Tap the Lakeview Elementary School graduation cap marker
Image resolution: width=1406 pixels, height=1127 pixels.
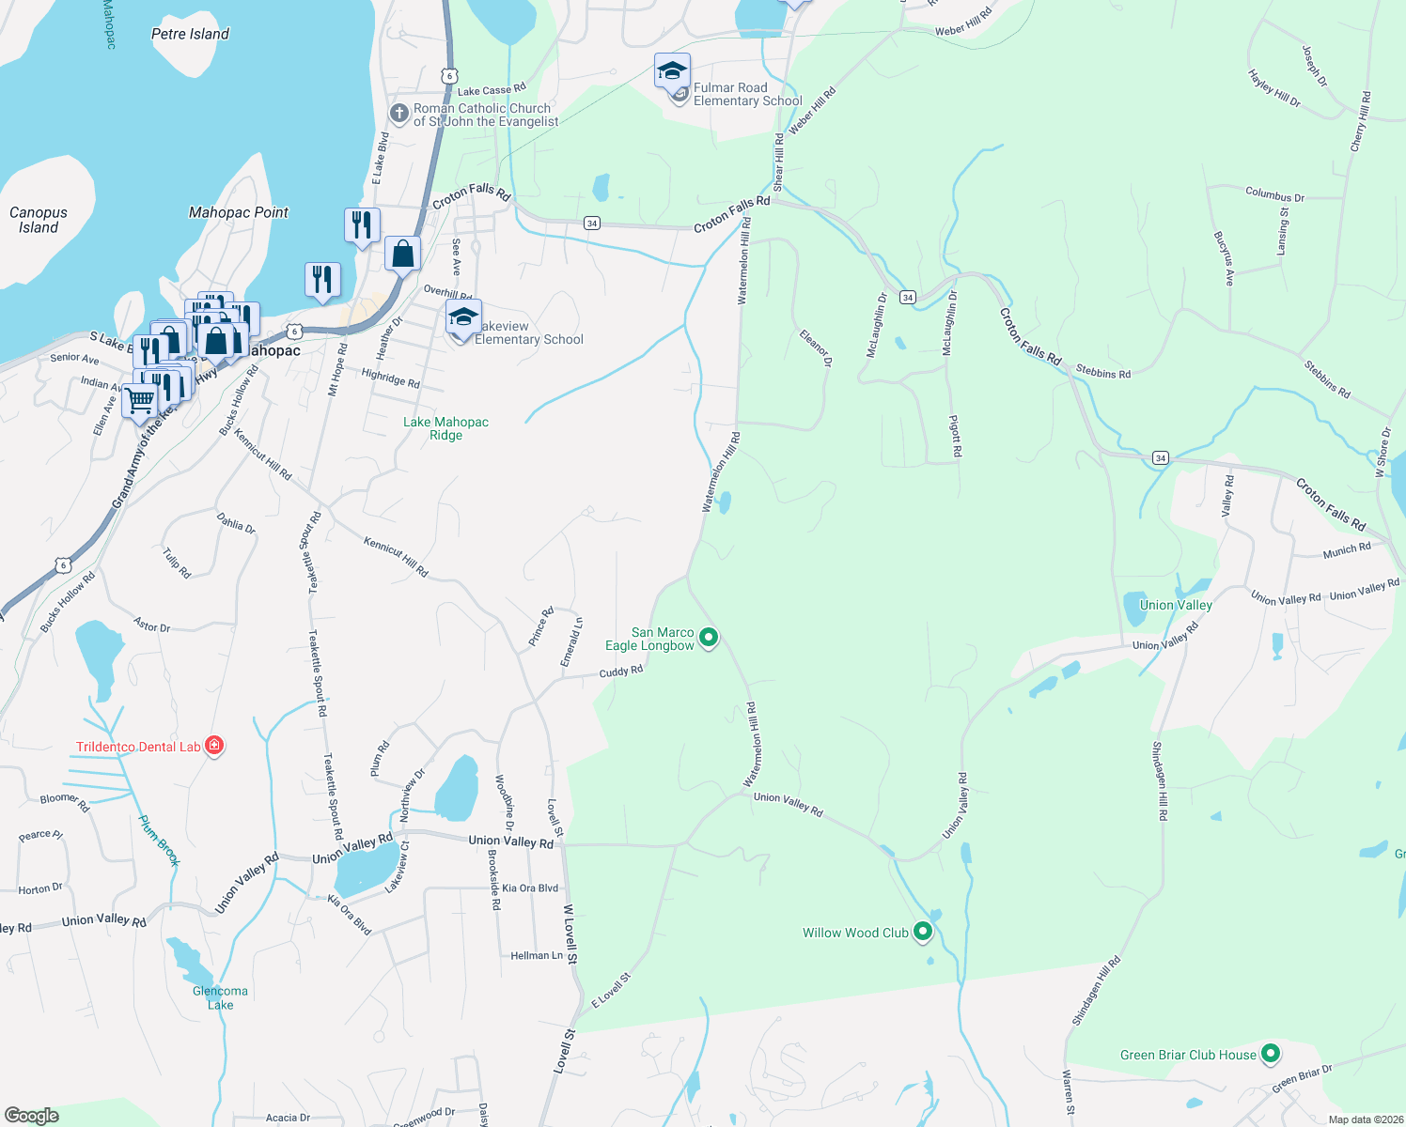pos(463,317)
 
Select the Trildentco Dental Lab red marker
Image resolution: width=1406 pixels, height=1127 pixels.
pos(214,747)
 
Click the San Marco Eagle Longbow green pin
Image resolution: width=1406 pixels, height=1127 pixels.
pos(710,639)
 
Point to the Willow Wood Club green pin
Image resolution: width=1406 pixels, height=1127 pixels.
pos(923,932)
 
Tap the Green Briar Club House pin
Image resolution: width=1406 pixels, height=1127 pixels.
pos(1271,1054)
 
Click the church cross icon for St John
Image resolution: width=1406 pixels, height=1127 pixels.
pos(398,114)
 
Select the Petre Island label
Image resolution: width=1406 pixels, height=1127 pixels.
pos(190,34)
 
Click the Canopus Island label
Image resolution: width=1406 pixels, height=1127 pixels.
pos(39,220)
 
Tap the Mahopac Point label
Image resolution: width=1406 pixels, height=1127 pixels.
pos(239,212)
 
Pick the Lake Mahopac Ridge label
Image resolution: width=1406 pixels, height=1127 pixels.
pos(445,428)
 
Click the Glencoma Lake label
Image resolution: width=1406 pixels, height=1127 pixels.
pos(220,997)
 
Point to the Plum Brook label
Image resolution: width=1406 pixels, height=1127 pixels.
pos(158,840)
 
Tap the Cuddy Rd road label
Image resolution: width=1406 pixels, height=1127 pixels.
pos(621,672)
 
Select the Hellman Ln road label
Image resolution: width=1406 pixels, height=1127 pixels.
pos(537,955)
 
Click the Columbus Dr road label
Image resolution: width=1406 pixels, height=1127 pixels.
pos(1274,196)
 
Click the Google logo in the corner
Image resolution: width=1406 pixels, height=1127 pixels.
pos(32,1115)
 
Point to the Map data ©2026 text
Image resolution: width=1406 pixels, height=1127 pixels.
pos(1363,1119)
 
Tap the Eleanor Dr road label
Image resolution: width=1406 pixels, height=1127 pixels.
pos(815,347)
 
